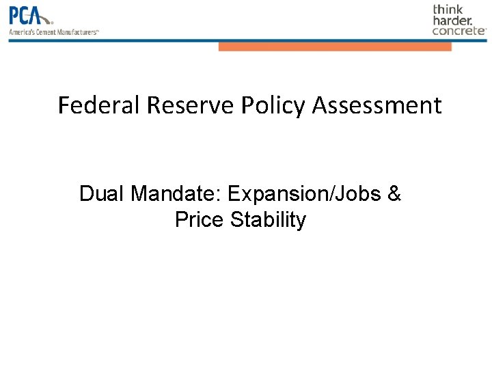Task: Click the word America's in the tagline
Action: click(20, 31)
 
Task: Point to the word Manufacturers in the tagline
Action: click(77, 31)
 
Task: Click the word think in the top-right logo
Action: click(448, 10)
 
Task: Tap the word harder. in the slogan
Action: click(452, 20)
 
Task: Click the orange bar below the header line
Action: click(335, 47)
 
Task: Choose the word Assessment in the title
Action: click(377, 106)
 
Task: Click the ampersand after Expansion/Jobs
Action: click(394, 194)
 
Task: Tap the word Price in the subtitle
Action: click(200, 220)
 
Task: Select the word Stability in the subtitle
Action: click(269, 220)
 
